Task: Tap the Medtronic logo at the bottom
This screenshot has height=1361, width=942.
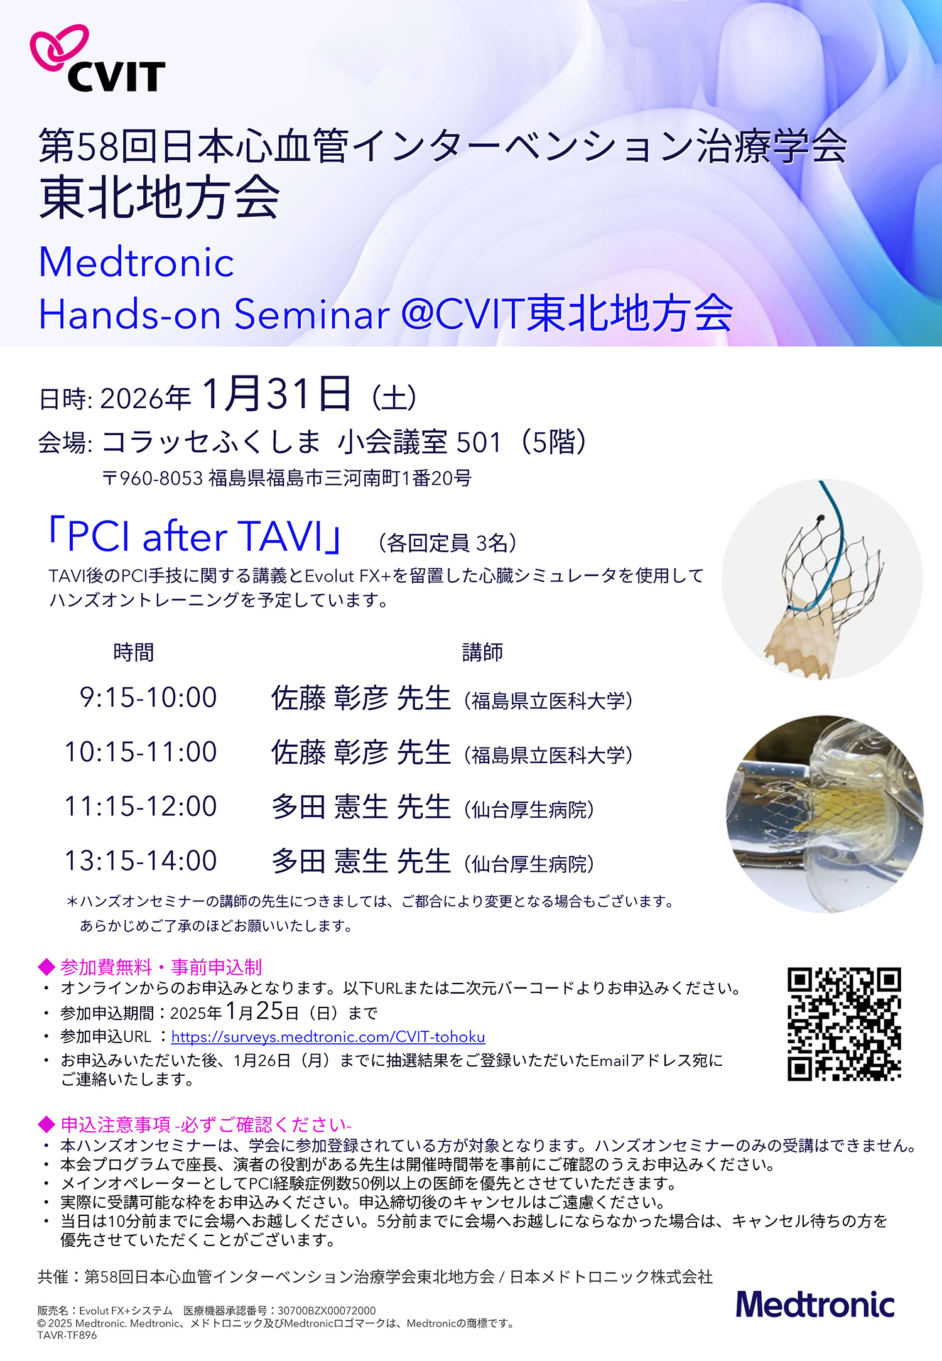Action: click(815, 1304)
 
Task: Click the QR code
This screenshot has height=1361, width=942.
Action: click(844, 1024)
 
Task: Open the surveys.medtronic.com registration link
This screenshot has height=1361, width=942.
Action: click(328, 1037)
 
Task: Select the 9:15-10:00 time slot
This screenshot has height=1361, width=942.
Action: click(148, 698)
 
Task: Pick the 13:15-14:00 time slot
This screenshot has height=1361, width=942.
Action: click(141, 861)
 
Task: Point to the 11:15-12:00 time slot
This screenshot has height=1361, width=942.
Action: click(141, 806)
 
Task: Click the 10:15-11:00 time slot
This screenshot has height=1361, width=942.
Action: click(141, 752)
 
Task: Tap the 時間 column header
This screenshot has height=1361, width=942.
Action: click(133, 653)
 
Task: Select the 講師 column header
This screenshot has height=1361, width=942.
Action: click(482, 653)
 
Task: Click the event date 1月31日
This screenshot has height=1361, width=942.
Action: click(276, 394)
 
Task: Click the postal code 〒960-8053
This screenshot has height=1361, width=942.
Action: click(153, 479)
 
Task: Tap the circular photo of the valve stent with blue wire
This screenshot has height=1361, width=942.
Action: click(822, 579)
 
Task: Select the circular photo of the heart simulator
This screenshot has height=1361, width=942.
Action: click(825, 815)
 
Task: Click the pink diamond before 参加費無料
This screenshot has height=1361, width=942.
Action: click(46, 967)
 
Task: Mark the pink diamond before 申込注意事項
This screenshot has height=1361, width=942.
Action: click(46, 1124)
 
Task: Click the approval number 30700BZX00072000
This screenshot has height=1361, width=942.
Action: click(327, 1311)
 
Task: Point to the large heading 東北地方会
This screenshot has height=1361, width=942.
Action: click(160, 197)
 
